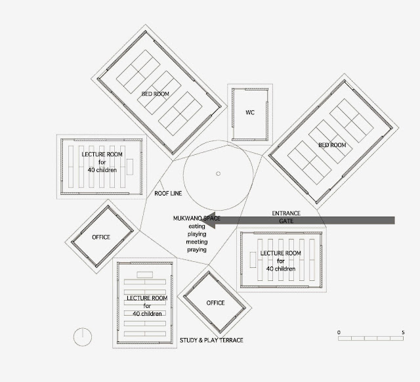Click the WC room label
click(x=249, y=112)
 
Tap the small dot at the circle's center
click(x=218, y=174)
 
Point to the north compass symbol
click(x=83, y=336)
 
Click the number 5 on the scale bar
click(x=402, y=333)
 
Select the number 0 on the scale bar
click(x=339, y=333)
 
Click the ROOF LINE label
click(x=168, y=194)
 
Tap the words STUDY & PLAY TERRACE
click(x=211, y=340)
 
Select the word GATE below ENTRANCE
click(x=286, y=222)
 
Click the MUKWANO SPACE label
click(x=197, y=217)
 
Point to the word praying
click(x=197, y=249)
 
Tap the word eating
click(x=197, y=225)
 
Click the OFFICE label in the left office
click(x=101, y=237)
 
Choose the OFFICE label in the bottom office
click(x=215, y=303)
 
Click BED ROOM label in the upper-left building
click(x=156, y=95)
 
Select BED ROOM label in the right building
click(x=332, y=145)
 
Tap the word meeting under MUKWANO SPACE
click(x=197, y=242)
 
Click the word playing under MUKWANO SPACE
click(x=197, y=233)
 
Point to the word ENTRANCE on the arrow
click(x=286, y=213)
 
